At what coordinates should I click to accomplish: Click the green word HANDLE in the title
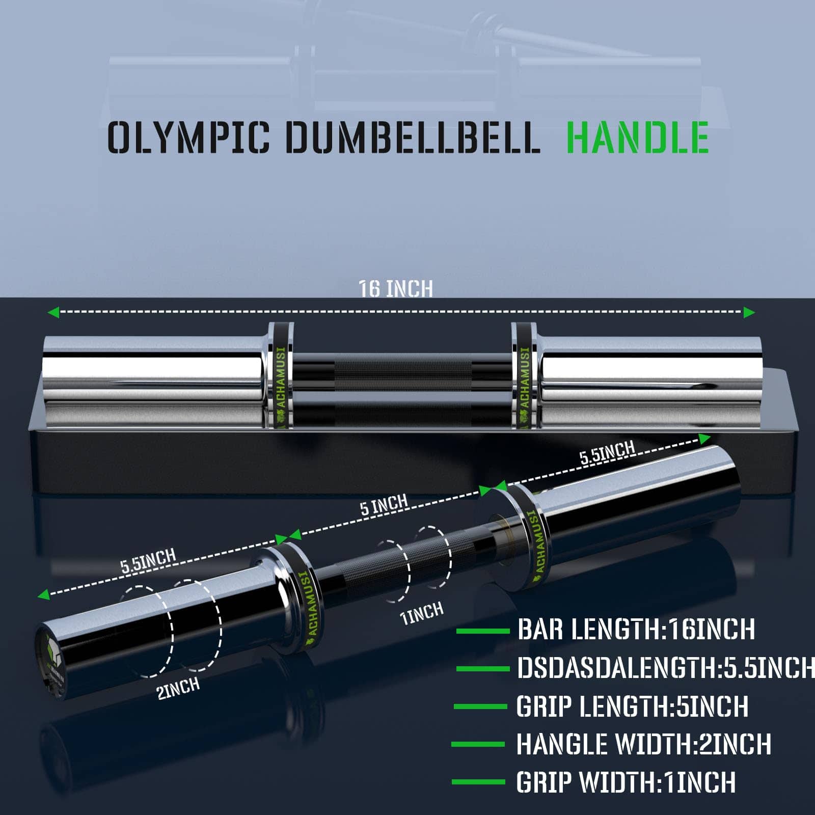tap(637, 138)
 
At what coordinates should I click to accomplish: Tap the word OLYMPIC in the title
tap(188, 138)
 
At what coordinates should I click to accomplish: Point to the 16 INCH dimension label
tap(396, 288)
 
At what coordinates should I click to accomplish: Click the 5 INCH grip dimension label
tap(384, 505)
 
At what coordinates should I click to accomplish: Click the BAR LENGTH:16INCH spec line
tap(636, 630)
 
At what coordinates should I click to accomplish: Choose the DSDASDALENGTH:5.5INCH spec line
tap(665, 668)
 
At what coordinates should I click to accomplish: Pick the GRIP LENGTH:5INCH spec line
tap(632, 707)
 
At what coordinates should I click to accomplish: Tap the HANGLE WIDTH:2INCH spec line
tap(643, 744)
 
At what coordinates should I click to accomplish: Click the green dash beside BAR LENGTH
tap(482, 631)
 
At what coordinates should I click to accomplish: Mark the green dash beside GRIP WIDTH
tap(478, 782)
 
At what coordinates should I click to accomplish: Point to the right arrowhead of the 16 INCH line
tap(749, 312)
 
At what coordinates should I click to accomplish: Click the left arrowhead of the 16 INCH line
tap(52, 312)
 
